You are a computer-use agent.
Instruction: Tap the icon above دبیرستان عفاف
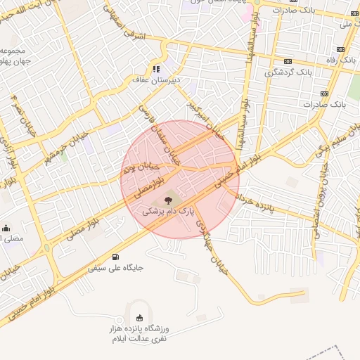pos(155,69)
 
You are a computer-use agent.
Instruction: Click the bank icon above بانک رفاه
pos(341,50)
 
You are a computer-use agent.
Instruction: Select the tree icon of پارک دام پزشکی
pos(167,200)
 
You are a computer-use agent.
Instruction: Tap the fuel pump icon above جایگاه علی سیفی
pos(115,257)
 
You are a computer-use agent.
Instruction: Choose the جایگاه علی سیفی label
pos(116,268)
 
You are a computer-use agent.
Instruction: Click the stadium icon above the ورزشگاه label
pos(139,317)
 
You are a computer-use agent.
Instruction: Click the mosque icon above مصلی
pos(6,228)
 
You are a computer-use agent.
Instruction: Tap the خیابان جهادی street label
pos(212,239)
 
